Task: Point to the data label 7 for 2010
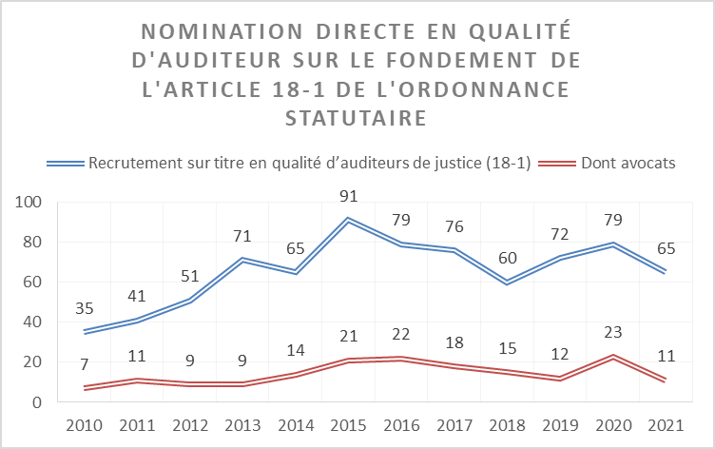(86, 367)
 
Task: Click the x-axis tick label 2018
(508, 424)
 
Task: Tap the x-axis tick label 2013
(244, 424)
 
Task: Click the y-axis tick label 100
(29, 203)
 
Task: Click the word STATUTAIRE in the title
(356, 119)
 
